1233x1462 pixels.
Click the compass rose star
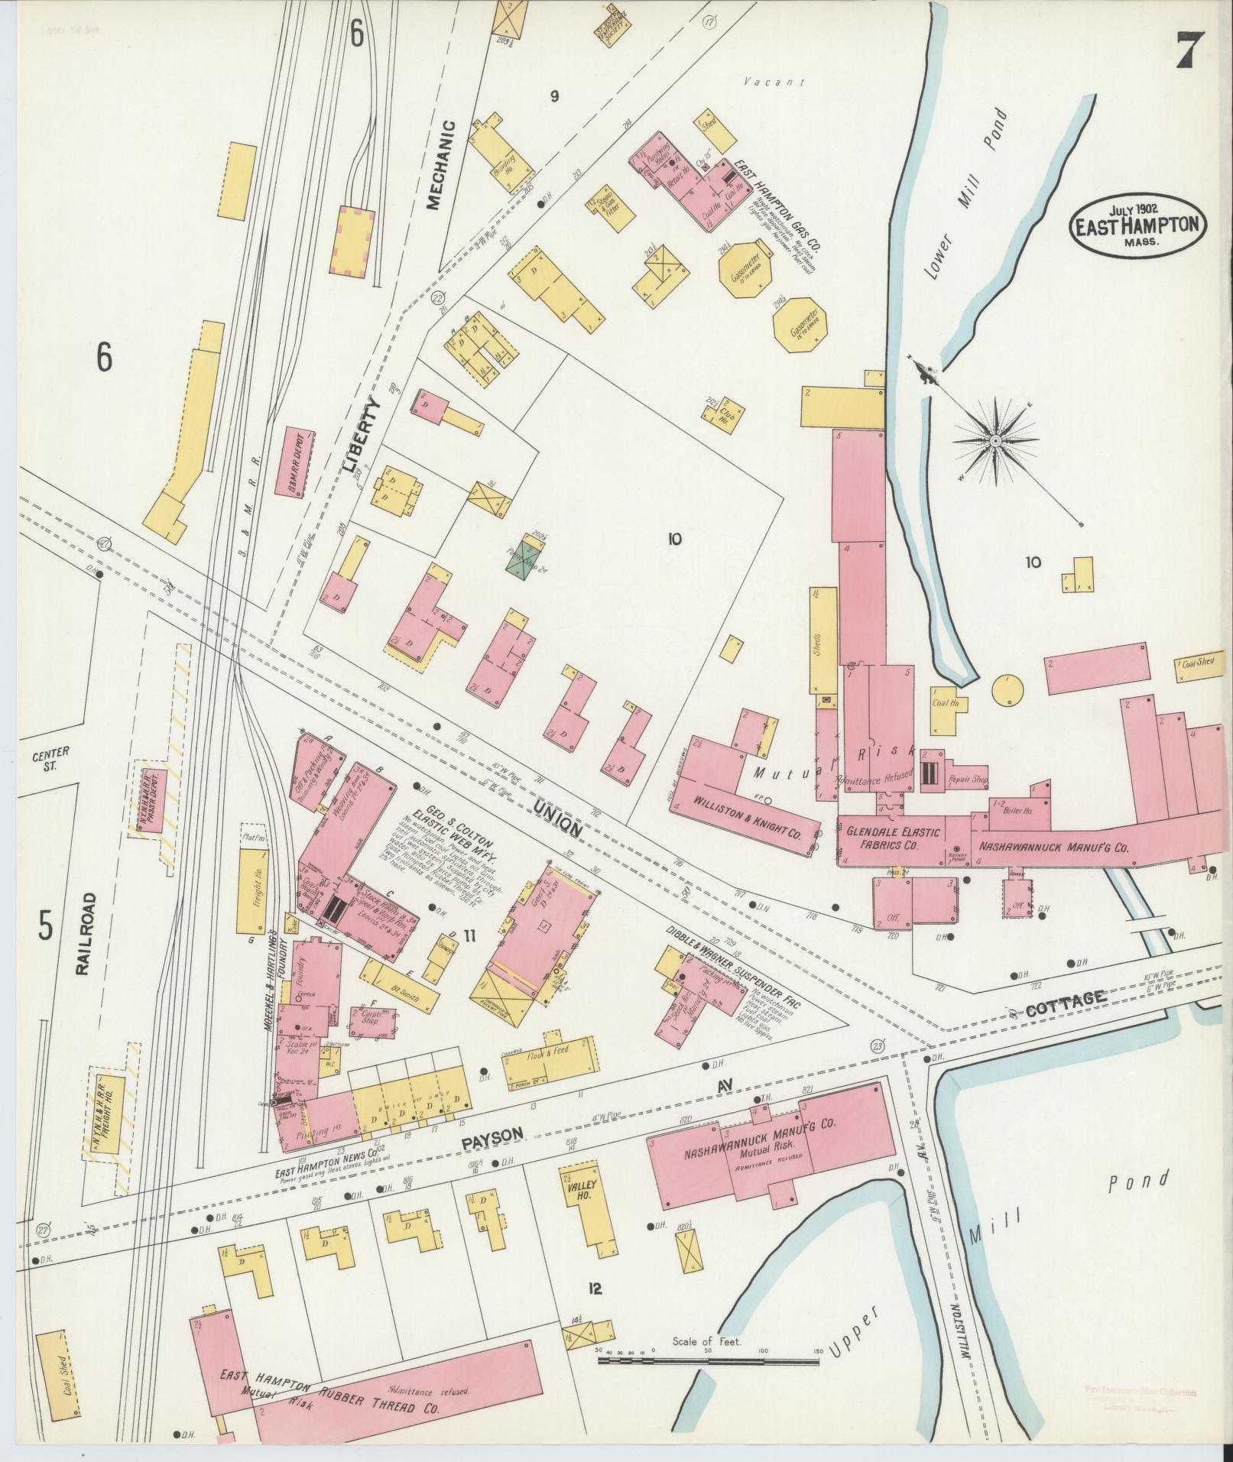pyautogui.click(x=996, y=442)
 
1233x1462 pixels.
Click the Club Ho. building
pyautogui.click(x=723, y=411)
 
